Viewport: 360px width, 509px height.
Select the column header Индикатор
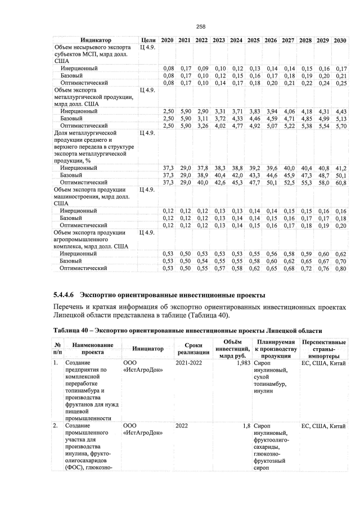(96, 40)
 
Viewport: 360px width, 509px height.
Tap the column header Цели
(148, 40)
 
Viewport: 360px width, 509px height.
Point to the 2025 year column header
(253, 40)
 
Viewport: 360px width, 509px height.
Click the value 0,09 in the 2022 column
(201, 68)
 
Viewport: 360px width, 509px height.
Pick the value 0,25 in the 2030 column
(340, 83)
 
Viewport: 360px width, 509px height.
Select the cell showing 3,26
(201, 125)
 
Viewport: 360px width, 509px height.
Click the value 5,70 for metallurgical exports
(340, 125)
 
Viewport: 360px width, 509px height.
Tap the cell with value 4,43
(340, 111)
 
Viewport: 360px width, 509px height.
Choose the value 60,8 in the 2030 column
(340, 182)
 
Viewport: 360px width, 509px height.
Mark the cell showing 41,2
(340, 168)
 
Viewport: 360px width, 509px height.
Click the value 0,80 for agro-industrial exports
(340, 269)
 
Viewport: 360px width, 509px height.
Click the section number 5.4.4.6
(64, 295)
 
